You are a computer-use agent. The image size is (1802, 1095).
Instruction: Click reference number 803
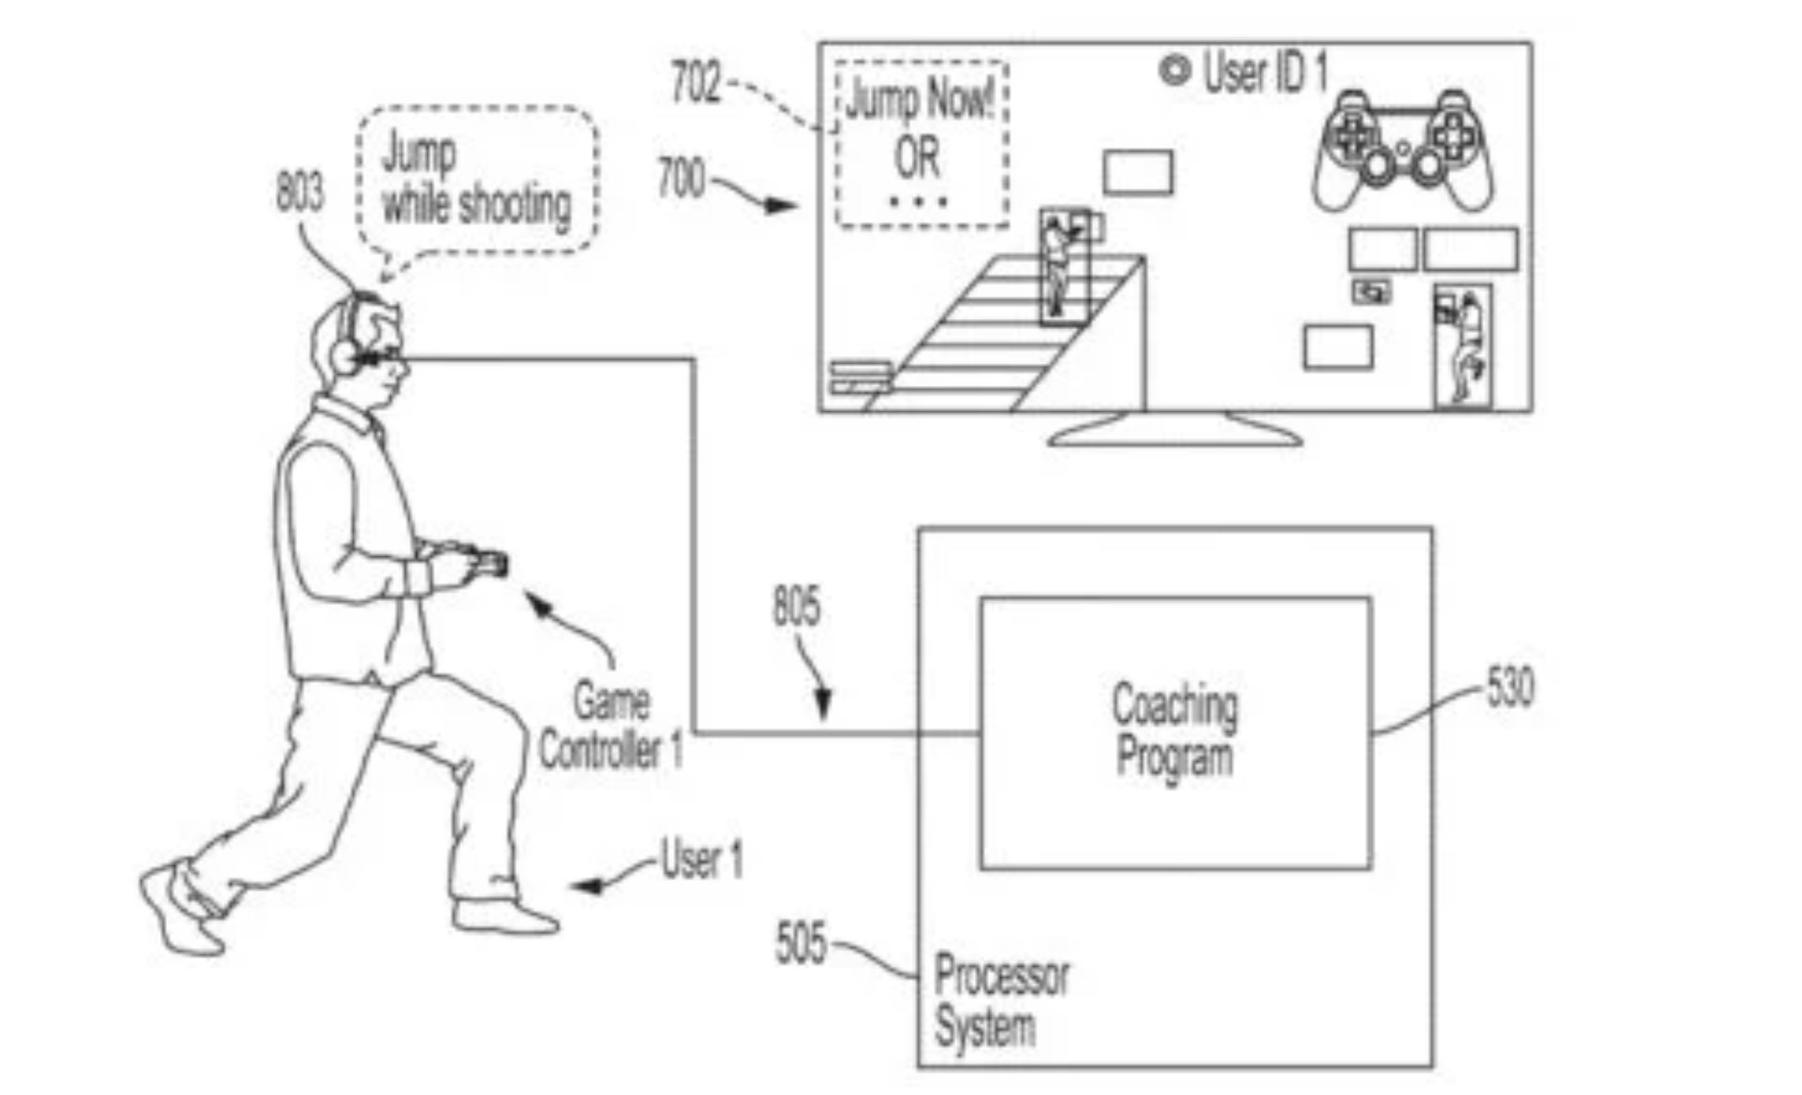coord(300,192)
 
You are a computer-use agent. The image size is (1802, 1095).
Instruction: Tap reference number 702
coord(695,84)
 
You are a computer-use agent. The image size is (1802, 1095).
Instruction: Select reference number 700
coord(680,178)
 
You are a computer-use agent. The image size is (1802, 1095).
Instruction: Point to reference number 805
coord(796,607)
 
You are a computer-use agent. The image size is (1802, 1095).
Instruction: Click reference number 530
coord(1509,687)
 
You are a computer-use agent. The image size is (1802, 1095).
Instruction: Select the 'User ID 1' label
coord(1264,73)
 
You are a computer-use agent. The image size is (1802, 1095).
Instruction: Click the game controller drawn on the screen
coord(1401,152)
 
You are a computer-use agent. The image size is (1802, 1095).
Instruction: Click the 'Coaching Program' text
coord(1174,729)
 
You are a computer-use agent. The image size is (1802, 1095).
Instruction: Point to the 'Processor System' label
coord(999,1001)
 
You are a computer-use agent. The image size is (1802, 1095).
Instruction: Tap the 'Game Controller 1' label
coord(610,726)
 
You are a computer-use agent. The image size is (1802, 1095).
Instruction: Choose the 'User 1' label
coord(701,859)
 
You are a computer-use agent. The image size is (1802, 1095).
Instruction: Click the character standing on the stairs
coord(1059,266)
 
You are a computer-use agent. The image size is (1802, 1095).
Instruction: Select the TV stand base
coord(1175,432)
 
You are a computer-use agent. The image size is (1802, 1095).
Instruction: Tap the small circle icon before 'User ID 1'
coord(1174,70)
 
